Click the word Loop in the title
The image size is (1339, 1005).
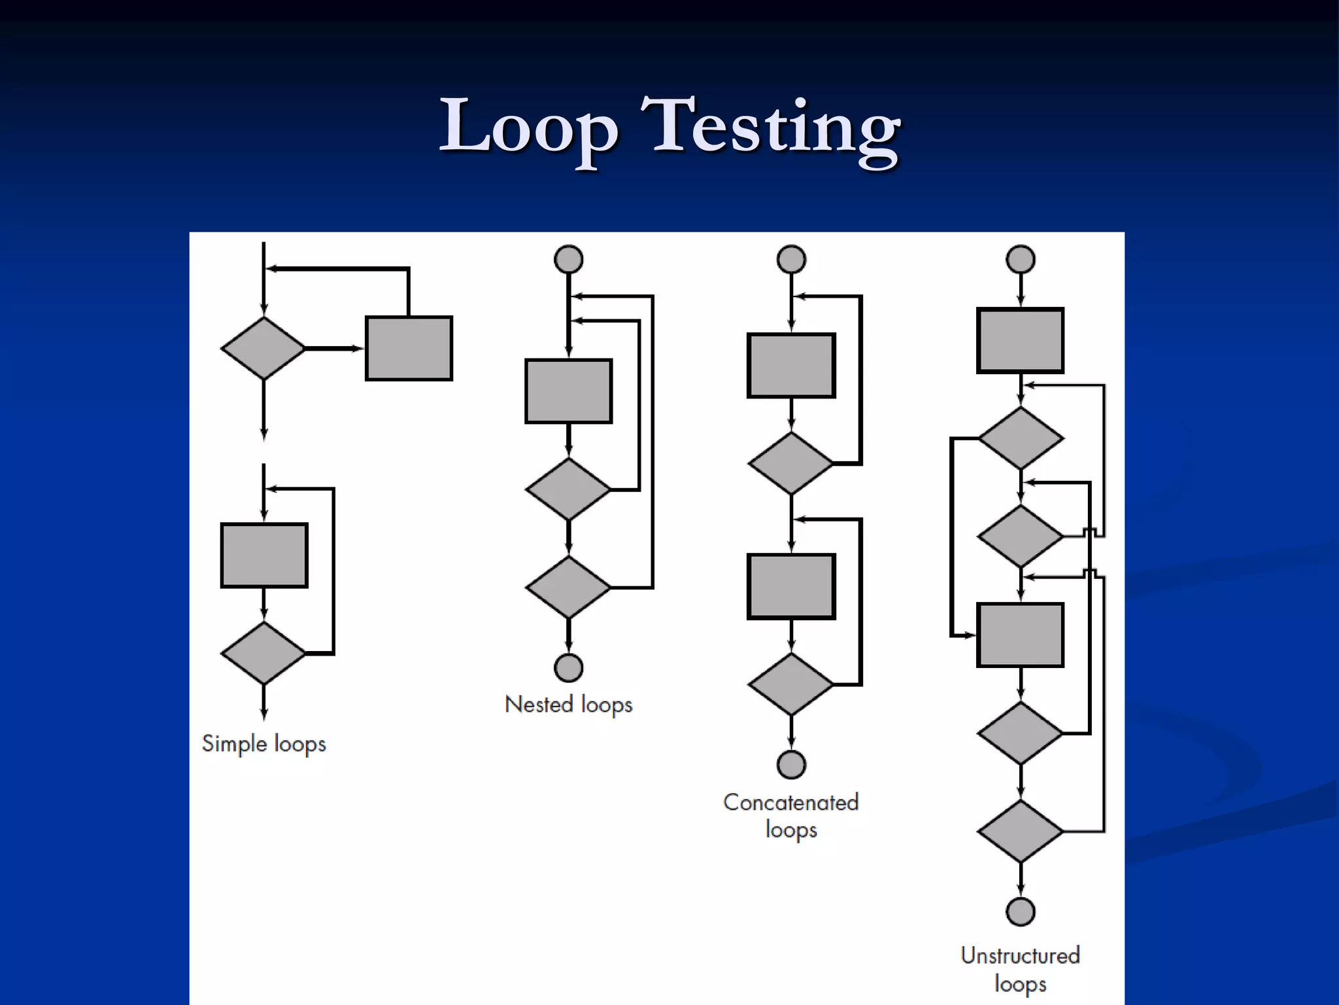[x=528, y=128]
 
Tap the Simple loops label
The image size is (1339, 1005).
[x=263, y=744]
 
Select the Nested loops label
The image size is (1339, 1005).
[x=568, y=705]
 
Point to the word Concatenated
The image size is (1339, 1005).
[x=790, y=802]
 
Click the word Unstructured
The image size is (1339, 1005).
[x=1020, y=955]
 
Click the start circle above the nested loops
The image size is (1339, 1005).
[x=568, y=259]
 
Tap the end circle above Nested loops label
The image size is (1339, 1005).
[x=568, y=667]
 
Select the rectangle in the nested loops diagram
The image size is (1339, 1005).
[x=568, y=391]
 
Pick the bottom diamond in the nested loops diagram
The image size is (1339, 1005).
[x=568, y=587]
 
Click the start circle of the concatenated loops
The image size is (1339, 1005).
[x=791, y=259]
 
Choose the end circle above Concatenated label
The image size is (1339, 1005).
[x=791, y=764]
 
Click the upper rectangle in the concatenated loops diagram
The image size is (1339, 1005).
[x=791, y=366]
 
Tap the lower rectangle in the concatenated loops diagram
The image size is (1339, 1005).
[x=791, y=586]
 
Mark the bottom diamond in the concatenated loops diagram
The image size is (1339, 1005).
[x=791, y=684]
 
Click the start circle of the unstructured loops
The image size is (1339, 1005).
[x=1021, y=259]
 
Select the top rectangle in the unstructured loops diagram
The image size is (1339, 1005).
[x=1020, y=341]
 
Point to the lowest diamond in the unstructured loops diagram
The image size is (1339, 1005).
[x=1020, y=831]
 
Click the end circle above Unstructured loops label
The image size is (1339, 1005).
[x=1021, y=911]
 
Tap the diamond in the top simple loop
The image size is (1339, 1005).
[x=263, y=348]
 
